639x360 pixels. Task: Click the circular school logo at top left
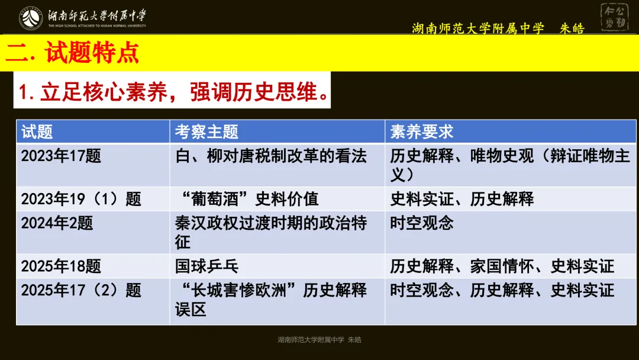pos(30,18)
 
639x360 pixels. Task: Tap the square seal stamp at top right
pos(615,17)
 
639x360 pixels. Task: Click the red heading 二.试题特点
pos(72,53)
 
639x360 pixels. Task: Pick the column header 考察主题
pos(206,131)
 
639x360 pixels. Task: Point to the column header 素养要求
pos(422,131)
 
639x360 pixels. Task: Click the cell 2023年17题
pos(62,156)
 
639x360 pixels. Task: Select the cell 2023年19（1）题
pos(82,199)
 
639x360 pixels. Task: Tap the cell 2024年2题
pos(57,223)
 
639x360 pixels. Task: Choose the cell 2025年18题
pos(62,266)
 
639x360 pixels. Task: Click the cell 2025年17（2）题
pos(82,290)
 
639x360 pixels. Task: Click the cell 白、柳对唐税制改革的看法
pos(271,156)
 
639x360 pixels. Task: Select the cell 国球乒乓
pos(206,266)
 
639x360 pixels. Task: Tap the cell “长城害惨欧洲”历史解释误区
pos(271,299)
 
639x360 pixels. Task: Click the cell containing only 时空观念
pos(422,223)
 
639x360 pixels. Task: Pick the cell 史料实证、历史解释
pos(462,199)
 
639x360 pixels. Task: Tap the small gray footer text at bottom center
pos(319,340)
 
